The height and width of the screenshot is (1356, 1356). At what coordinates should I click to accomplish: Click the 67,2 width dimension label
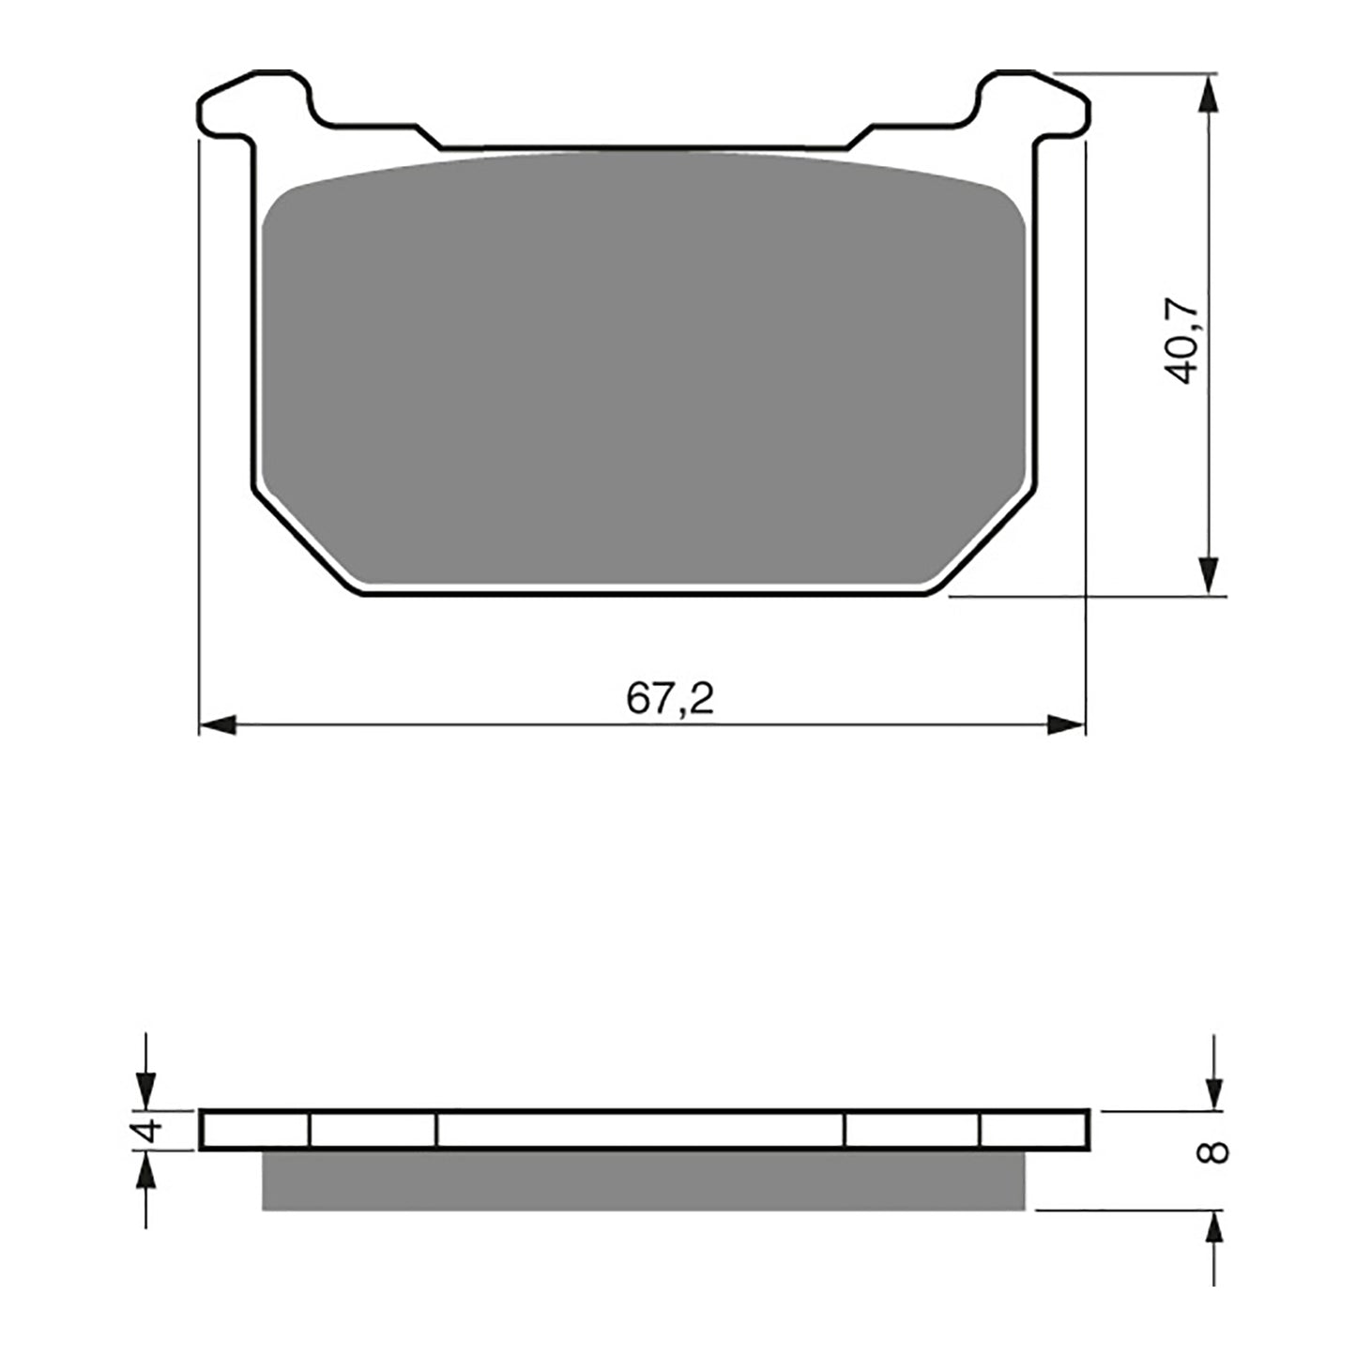[x=670, y=699]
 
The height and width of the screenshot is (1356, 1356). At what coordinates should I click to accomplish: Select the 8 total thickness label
[x=1214, y=1151]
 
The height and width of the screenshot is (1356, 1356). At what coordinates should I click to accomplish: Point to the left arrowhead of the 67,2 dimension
[x=218, y=724]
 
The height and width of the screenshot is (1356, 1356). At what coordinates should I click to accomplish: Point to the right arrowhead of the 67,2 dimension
[x=1066, y=724]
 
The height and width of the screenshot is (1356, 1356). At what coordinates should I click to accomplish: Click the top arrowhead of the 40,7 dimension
[x=1211, y=94]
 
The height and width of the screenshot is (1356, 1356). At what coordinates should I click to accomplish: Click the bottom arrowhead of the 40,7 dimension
[x=1211, y=574]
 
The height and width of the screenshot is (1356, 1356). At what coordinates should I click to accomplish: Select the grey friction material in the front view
[x=644, y=375]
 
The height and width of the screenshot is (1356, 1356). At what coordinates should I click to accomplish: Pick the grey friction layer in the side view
[x=644, y=1180]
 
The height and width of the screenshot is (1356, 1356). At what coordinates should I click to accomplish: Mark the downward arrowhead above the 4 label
[x=145, y=1090]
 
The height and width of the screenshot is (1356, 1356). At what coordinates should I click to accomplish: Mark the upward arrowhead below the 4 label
[x=145, y=1171]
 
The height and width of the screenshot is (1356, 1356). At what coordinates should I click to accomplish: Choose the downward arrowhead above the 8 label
[x=1214, y=1090]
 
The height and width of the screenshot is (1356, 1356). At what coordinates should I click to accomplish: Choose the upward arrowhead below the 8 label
[x=1214, y=1229]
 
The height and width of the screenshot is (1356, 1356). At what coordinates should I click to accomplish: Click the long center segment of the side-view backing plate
[x=641, y=1130]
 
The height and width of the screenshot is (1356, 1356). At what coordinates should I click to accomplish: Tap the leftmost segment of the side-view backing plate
[x=255, y=1130]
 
